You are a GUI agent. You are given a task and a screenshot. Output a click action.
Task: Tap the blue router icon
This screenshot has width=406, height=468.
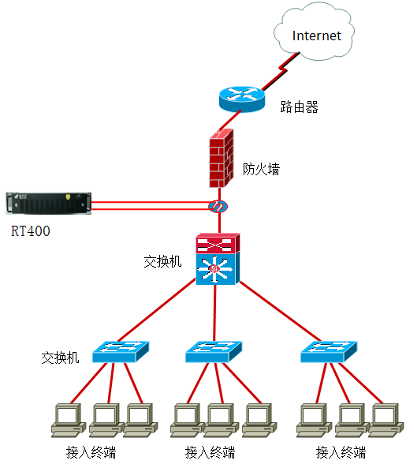click(242, 99)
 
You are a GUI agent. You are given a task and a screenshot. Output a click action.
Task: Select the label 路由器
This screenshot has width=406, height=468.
click(299, 107)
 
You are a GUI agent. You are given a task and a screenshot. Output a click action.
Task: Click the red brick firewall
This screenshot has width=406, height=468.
click(222, 158)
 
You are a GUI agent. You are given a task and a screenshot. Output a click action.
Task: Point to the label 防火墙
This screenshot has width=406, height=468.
click(262, 169)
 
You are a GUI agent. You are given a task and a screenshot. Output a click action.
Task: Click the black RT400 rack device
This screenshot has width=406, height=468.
click(48, 204)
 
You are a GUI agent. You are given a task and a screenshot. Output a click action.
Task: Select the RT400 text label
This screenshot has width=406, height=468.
click(31, 231)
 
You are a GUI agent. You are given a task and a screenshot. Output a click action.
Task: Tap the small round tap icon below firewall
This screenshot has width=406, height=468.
click(218, 206)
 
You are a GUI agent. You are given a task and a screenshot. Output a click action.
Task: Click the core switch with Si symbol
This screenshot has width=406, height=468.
click(218, 259)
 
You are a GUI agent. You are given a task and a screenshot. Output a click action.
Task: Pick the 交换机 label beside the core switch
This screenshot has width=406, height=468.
click(162, 261)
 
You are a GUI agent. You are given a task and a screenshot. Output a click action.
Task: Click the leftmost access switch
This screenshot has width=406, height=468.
click(121, 352)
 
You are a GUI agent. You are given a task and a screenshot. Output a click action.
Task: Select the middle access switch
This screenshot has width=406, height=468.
click(214, 352)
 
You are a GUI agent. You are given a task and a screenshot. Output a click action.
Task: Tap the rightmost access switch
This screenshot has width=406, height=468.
click(329, 352)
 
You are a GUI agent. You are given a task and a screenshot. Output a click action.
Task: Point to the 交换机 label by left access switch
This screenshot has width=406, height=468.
click(60, 358)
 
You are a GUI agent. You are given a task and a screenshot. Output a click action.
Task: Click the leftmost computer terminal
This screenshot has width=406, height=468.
click(69, 421)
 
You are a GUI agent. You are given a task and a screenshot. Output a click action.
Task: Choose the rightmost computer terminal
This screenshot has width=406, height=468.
click(386, 421)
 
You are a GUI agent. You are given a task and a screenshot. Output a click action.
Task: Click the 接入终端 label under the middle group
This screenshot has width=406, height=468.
click(210, 452)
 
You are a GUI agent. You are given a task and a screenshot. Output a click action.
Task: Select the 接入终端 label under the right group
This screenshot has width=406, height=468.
click(341, 452)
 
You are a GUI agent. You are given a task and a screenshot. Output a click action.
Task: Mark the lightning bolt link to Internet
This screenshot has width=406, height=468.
click(281, 71)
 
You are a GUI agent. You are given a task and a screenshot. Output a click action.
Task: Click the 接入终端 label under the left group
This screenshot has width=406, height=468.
click(91, 452)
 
